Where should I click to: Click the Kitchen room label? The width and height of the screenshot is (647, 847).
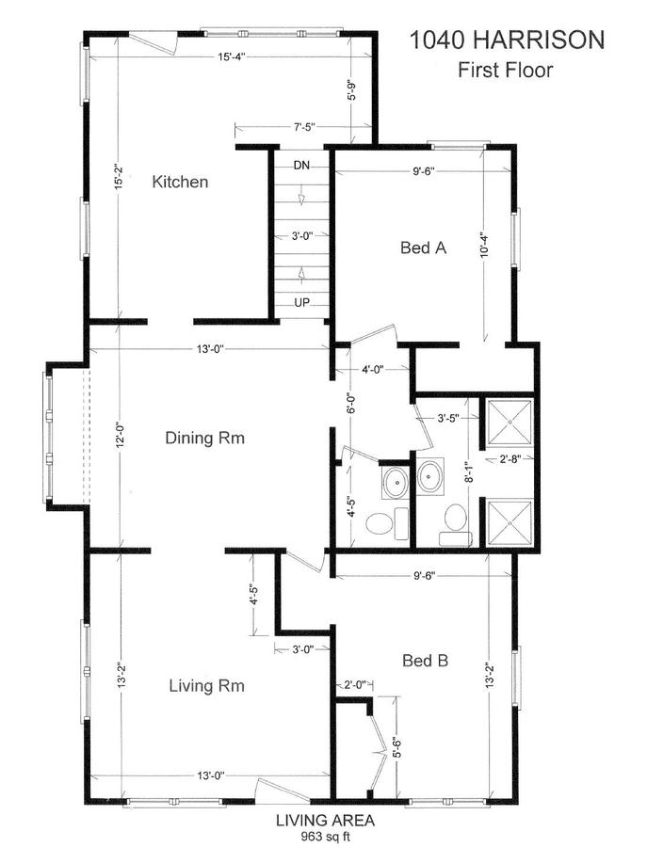pyautogui.click(x=180, y=182)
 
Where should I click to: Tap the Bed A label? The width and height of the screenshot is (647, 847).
pyautogui.click(x=423, y=248)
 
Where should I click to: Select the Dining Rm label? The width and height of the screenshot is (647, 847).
pyautogui.click(x=205, y=437)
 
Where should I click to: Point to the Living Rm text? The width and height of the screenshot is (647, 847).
pyautogui.click(x=207, y=685)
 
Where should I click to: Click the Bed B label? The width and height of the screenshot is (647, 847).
pyautogui.click(x=426, y=660)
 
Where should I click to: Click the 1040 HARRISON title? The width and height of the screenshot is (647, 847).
pyautogui.click(x=507, y=40)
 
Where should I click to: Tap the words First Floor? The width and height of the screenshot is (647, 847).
pyautogui.click(x=506, y=70)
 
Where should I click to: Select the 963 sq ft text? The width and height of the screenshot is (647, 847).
pyautogui.click(x=325, y=837)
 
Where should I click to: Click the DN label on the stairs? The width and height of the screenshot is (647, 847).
pyautogui.click(x=301, y=166)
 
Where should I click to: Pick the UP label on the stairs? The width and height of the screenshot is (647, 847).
pyautogui.click(x=301, y=303)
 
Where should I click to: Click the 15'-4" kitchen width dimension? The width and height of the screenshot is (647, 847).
pyautogui.click(x=232, y=56)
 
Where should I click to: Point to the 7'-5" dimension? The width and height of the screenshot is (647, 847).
pyautogui.click(x=304, y=127)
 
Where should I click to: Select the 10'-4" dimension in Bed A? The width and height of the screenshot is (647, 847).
pyautogui.click(x=484, y=244)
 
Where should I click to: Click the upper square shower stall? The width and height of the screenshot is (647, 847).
pyautogui.click(x=510, y=423)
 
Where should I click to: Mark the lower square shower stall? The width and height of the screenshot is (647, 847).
pyautogui.click(x=510, y=524)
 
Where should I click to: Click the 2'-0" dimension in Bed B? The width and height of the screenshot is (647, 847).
pyautogui.click(x=355, y=685)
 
